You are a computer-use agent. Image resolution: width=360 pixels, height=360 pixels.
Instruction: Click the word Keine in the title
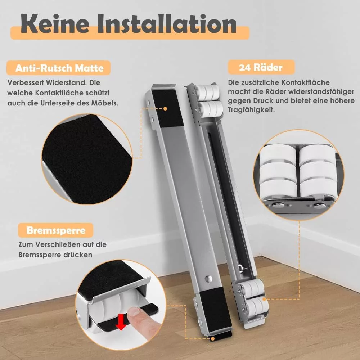[55, 24]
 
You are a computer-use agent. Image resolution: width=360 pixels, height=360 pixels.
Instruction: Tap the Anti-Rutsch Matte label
[59, 68]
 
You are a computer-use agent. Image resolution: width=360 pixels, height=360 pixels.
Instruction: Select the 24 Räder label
[261, 67]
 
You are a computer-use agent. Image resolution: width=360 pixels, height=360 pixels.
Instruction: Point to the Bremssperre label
[56, 230]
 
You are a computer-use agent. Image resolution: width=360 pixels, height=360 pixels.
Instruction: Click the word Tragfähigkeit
[251, 110]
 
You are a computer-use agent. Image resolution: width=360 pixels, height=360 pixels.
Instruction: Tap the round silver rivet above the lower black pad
[209, 279]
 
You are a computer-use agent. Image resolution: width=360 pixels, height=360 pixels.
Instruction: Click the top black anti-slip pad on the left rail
[167, 108]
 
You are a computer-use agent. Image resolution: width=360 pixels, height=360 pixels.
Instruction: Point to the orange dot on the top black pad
[165, 109]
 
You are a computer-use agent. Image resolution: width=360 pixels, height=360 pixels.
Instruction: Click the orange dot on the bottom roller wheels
[264, 299]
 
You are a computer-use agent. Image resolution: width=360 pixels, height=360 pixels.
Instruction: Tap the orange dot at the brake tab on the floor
[213, 339]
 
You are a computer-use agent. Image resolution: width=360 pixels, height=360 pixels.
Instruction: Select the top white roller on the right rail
[207, 92]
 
